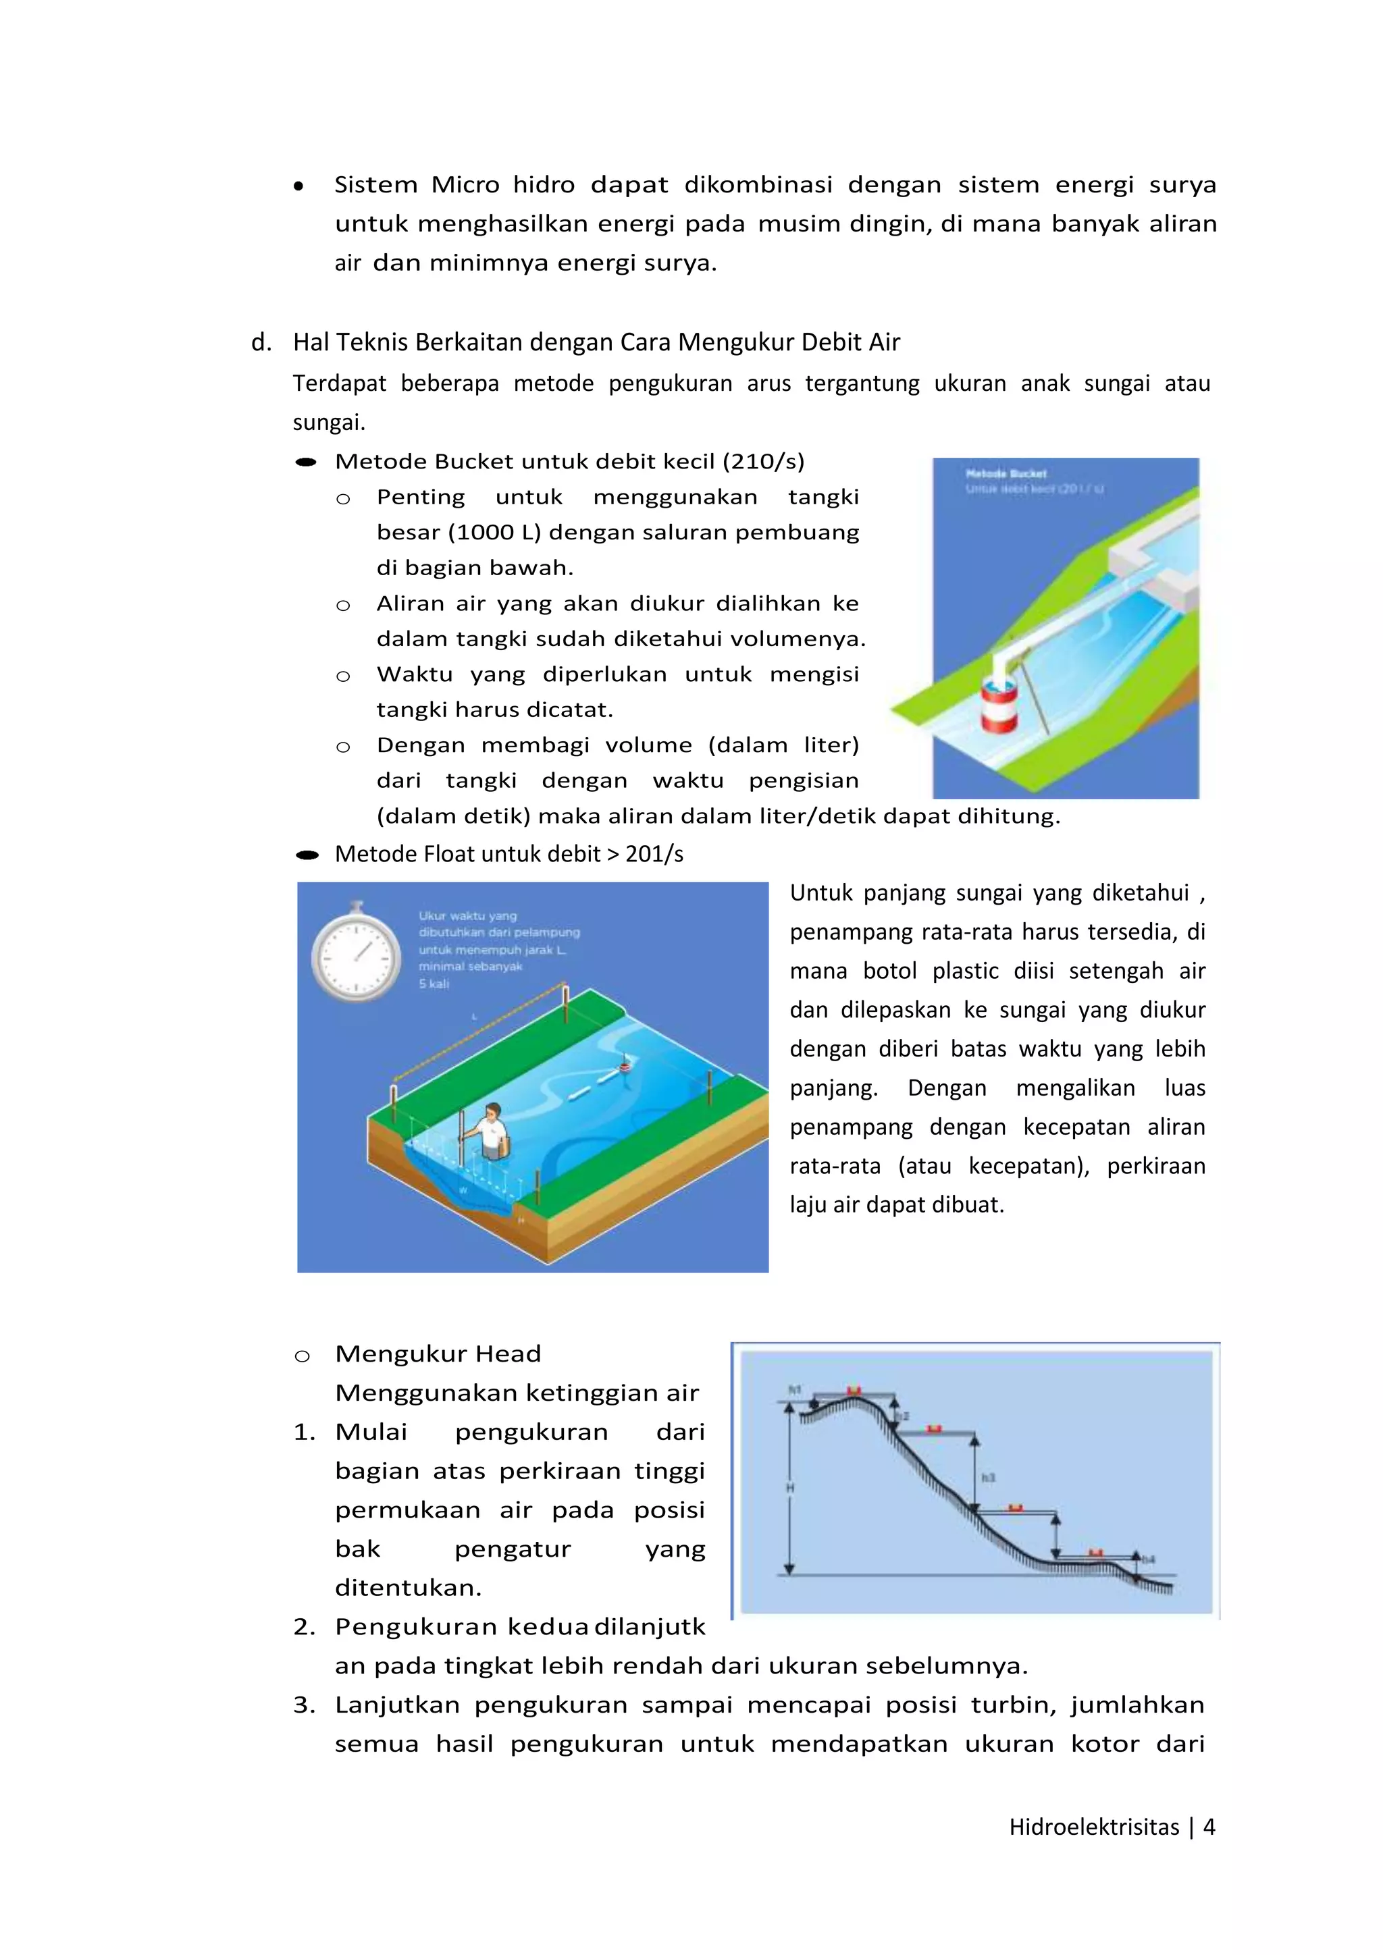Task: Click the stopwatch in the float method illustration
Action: click(x=356, y=954)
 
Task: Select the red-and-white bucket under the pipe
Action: click(x=998, y=705)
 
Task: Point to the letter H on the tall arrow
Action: click(x=789, y=1488)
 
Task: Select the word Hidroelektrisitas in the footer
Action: click(x=1093, y=1827)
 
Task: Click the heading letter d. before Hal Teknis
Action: click(x=261, y=342)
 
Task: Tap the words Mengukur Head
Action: click(x=438, y=1354)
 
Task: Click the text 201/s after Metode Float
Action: click(x=654, y=854)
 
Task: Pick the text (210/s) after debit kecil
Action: click(x=763, y=462)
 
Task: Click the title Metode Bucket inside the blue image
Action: click(x=1006, y=473)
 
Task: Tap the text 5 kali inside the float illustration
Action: click(x=434, y=984)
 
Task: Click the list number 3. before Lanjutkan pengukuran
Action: click(x=304, y=1705)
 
